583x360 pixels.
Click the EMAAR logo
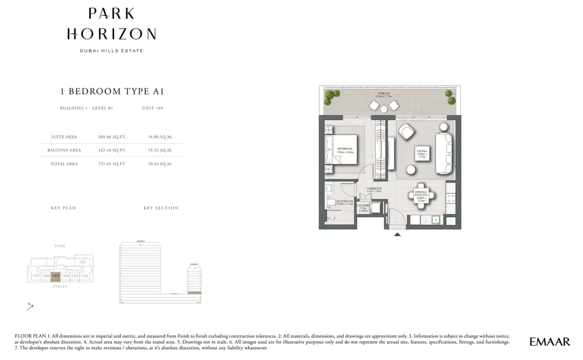pos(549,342)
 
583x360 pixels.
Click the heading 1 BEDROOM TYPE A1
pos(108,91)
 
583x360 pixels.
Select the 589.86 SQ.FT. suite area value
pos(112,137)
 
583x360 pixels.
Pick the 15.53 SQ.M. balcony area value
pos(160,151)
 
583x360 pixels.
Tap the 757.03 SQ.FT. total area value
pos(112,164)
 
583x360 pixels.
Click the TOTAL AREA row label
pos(64,164)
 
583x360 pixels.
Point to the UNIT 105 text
pos(152,108)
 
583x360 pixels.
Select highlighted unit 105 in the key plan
pos(56,276)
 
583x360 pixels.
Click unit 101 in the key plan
pos(83,262)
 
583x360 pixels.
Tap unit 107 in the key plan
pos(36,276)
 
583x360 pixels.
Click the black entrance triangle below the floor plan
pos(397,235)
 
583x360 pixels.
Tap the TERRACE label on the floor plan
pos(383,93)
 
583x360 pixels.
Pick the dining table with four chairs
pos(421,195)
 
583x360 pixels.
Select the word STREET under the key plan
pos(60,287)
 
